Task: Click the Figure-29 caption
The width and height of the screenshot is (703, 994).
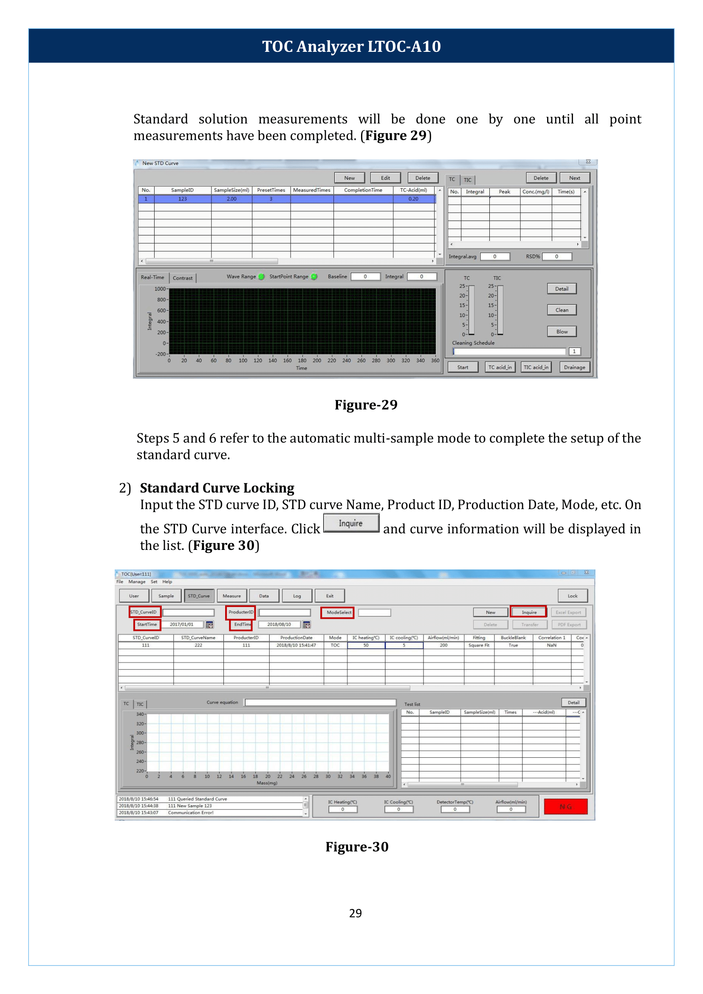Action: pyautogui.click(x=366, y=405)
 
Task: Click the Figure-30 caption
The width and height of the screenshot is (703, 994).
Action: pyautogui.click(x=357, y=846)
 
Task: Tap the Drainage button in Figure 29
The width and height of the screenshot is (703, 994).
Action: pyautogui.click(x=574, y=367)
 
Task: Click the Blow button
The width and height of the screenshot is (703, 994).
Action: pyautogui.click(x=562, y=332)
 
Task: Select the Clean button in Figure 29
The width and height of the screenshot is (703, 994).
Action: pyautogui.click(x=562, y=310)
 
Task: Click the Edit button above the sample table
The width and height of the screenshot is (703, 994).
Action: pyautogui.click(x=385, y=178)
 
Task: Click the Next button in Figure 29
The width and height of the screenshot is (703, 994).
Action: pyautogui.click(x=574, y=178)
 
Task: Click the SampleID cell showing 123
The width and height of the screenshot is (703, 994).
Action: pyautogui.click(x=182, y=199)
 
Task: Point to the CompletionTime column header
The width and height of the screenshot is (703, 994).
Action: pyautogui.click(x=363, y=190)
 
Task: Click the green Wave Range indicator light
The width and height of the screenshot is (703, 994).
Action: pyautogui.click(x=262, y=277)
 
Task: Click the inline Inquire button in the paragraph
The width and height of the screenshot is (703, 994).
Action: pyautogui.click(x=350, y=523)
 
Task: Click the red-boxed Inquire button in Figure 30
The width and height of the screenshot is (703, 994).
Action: pyautogui.click(x=528, y=612)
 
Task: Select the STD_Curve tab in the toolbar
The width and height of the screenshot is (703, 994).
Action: pyautogui.click(x=198, y=596)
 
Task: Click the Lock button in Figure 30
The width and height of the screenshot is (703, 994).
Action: pyautogui.click(x=572, y=596)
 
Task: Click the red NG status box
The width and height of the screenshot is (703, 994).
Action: pyautogui.click(x=565, y=807)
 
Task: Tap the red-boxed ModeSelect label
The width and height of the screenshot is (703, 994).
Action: pyautogui.click(x=337, y=612)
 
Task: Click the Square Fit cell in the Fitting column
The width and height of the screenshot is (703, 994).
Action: pyautogui.click(x=478, y=646)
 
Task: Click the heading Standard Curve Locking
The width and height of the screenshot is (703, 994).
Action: pyautogui.click(x=217, y=488)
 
